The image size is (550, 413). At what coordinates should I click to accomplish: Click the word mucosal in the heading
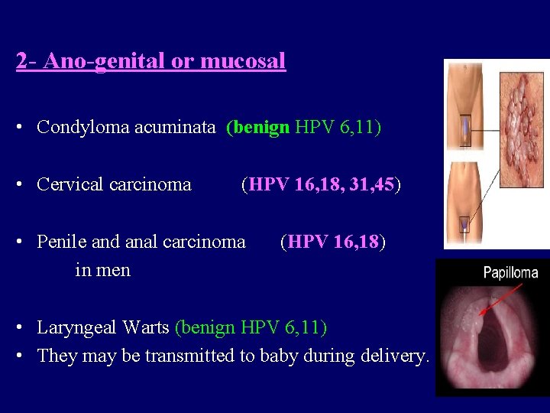click(243, 61)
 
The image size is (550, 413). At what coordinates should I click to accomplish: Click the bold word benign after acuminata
click(260, 127)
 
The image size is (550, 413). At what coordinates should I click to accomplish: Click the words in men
click(102, 270)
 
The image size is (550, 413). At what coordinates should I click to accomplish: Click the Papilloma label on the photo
click(510, 272)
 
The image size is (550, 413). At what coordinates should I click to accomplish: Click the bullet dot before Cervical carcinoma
click(25, 185)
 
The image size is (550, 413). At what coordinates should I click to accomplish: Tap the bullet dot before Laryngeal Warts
click(25, 329)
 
